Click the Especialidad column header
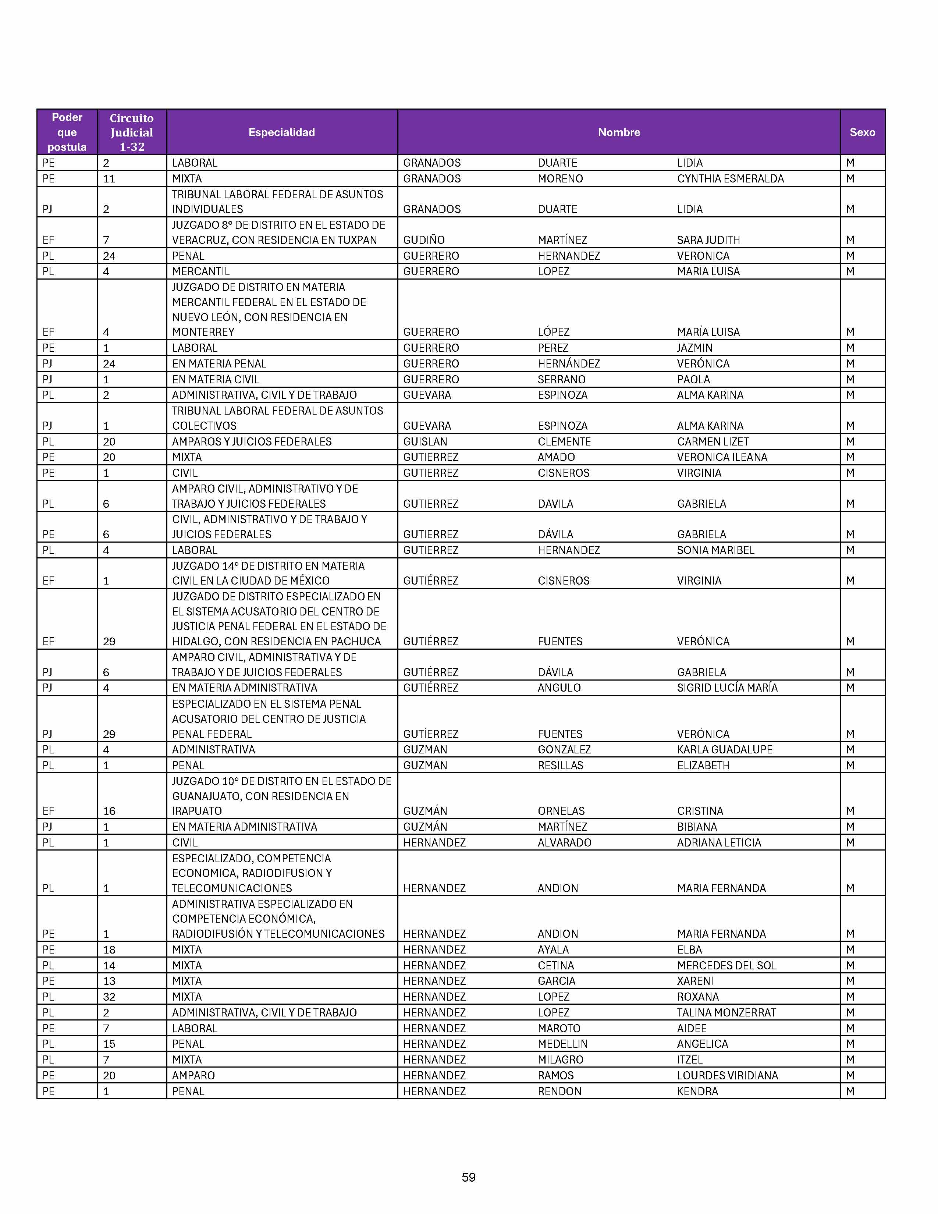(282, 132)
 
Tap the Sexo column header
(862, 132)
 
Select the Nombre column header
(618, 132)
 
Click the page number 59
(468, 1177)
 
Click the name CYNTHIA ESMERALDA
(730, 178)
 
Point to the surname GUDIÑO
(424, 240)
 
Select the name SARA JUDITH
(708, 240)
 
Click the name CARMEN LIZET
(713, 441)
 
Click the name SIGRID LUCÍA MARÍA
(727, 688)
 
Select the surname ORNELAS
(561, 811)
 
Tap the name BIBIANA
(697, 827)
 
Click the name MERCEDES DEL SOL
(726, 966)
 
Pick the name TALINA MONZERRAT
(726, 1012)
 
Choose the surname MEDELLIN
(562, 1044)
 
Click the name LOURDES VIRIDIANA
(727, 1075)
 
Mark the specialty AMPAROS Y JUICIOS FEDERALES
(252, 441)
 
